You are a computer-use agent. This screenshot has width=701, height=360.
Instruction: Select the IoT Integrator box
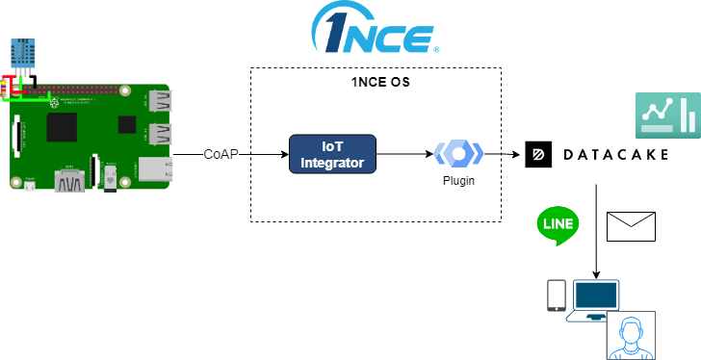[x=332, y=154]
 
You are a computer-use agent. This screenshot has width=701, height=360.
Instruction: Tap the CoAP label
[x=221, y=154]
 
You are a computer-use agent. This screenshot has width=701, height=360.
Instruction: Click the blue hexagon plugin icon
[x=458, y=153]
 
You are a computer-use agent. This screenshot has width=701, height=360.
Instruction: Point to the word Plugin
[x=458, y=180]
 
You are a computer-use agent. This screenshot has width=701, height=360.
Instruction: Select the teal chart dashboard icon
[x=667, y=116]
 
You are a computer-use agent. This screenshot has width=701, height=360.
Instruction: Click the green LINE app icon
[x=558, y=226]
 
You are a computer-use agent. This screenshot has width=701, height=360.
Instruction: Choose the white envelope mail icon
[x=631, y=226]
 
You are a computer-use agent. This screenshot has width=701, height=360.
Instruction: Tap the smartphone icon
[x=556, y=295]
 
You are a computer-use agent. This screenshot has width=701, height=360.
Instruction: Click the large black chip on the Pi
[x=62, y=126]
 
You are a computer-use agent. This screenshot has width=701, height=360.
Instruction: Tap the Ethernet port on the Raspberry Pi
[x=156, y=169]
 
